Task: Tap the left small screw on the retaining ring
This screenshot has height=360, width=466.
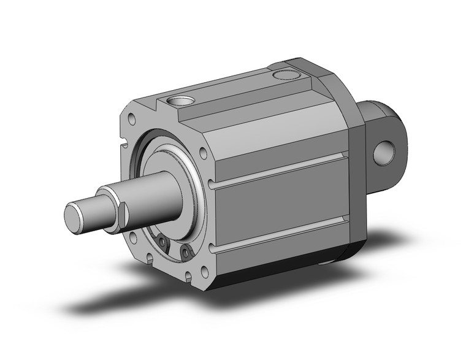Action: [163, 243]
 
